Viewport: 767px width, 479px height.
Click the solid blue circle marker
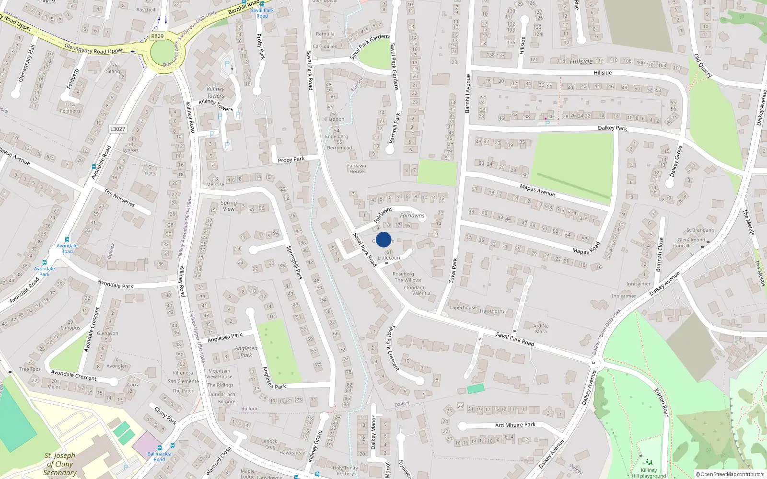coord(383,239)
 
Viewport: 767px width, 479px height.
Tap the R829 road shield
coord(157,36)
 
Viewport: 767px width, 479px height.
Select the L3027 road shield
coord(117,129)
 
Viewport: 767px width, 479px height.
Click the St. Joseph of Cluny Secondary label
coord(60,464)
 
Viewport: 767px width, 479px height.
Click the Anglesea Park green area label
coord(246,352)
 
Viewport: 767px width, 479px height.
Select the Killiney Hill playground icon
coord(649,462)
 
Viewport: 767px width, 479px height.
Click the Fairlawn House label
coord(357,169)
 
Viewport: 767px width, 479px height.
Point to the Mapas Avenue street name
coord(537,190)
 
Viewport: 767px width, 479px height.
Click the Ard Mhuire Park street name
coord(515,425)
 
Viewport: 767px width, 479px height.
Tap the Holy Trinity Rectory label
coord(345,471)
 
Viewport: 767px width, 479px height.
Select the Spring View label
coord(229,205)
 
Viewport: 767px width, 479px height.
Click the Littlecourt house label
coord(389,258)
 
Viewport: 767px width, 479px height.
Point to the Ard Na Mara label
coord(541,329)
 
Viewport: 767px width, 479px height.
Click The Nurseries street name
coord(119,198)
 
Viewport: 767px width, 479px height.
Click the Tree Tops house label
coord(30,369)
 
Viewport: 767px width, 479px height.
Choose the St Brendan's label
coord(700,230)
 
